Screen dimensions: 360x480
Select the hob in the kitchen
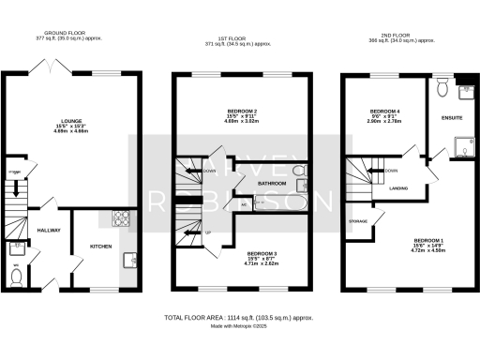click(x=121, y=219)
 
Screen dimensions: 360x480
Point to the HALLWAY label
click(x=49, y=230)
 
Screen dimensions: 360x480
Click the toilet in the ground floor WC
click(x=18, y=277)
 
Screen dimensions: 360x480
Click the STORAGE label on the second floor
click(x=357, y=222)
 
